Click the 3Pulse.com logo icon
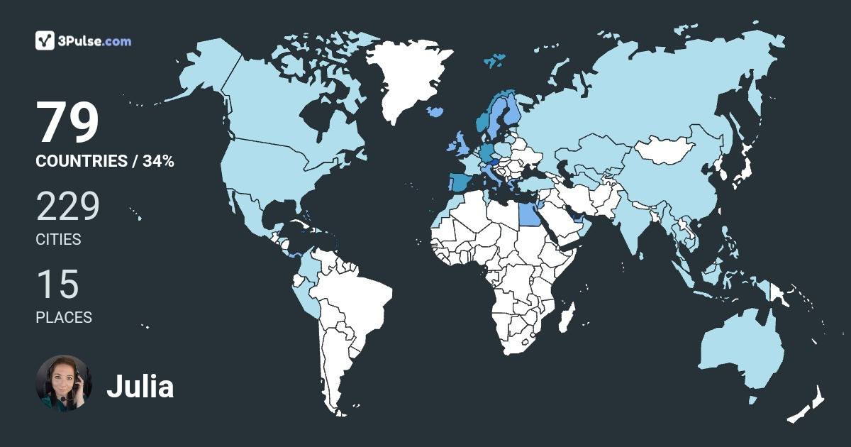point(45,40)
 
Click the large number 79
point(67,123)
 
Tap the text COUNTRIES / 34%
point(105,161)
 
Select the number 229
point(68,207)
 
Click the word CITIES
point(58,240)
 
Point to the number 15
point(57,285)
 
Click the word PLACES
point(64,318)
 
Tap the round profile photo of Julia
point(64,383)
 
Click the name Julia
point(140,387)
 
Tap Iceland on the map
point(435,112)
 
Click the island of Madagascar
point(565,317)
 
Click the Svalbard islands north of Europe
point(495,60)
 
